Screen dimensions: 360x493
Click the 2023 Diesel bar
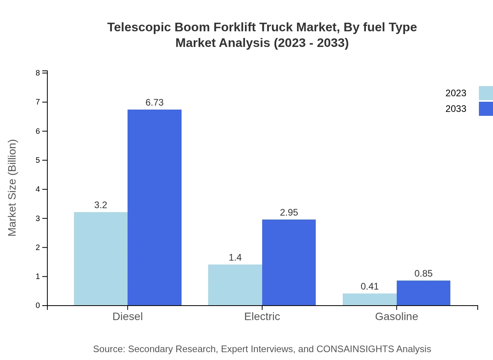point(101,259)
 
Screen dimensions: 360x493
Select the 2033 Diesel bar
point(155,207)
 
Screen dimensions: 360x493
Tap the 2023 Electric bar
point(235,285)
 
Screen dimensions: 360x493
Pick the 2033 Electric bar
point(289,262)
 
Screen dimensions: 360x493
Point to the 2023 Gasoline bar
point(370,299)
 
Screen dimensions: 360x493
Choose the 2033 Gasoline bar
point(423,293)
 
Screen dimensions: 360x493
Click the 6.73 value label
point(155,103)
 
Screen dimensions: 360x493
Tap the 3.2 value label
point(101,205)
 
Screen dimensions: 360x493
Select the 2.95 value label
point(289,212)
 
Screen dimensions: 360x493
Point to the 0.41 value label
point(370,286)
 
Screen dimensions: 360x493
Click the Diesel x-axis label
point(128,317)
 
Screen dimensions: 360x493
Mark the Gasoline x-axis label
point(396,317)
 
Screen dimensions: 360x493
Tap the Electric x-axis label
point(262,317)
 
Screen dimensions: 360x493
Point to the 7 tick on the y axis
point(38,102)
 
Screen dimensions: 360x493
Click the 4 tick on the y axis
point(38,189)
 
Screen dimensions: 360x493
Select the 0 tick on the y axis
point(38,306)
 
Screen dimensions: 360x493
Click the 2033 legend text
point(456,109)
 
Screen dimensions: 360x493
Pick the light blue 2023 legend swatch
point(486,93)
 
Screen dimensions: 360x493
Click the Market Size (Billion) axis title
point(13,188)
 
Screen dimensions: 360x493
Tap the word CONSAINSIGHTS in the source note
point(355,349)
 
